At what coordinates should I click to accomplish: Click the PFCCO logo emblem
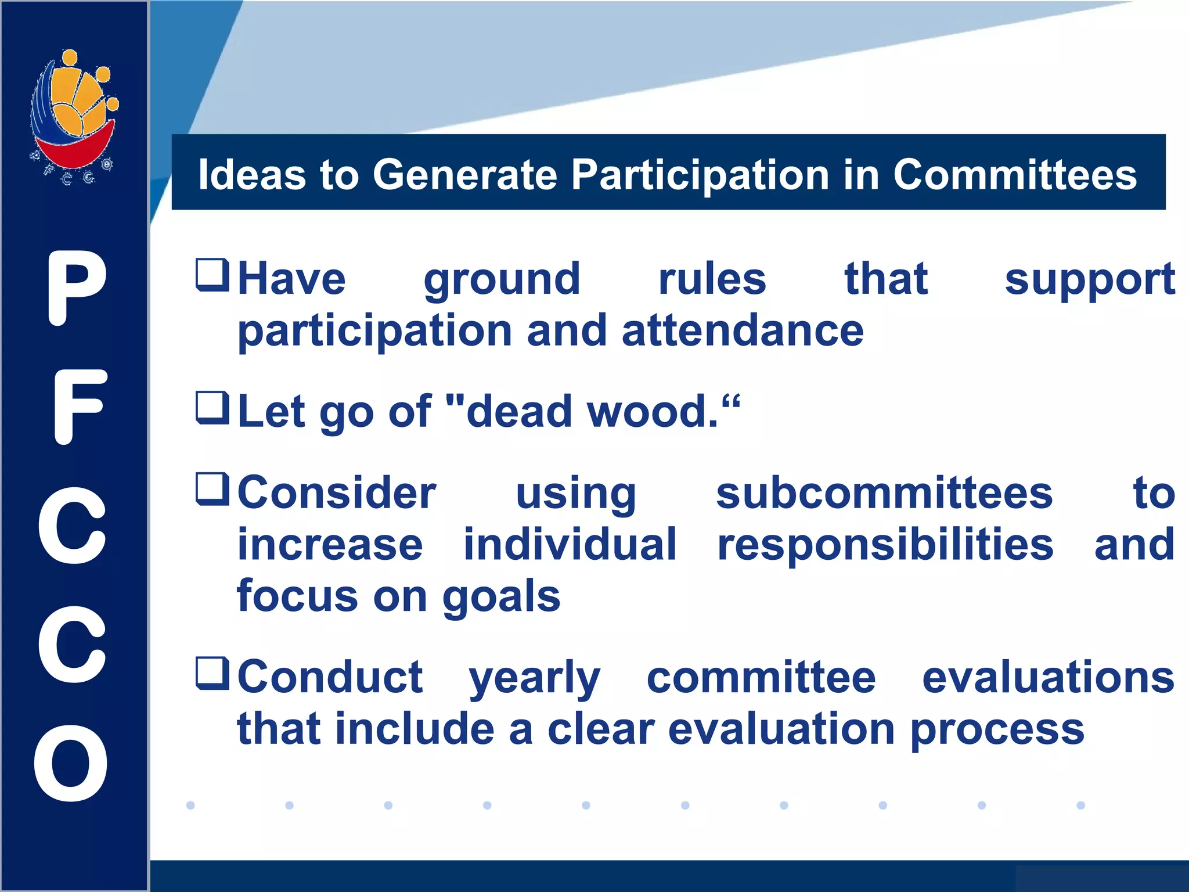coord(74,116)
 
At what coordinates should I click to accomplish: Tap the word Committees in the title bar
coord(1014,174)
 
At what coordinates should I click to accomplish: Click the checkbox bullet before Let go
coord(212,408)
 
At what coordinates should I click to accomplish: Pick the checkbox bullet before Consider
coord(212,489)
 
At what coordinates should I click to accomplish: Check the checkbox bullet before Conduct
coord(212,674)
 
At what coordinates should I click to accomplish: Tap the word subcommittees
coord(884,493)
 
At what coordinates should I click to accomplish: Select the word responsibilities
coord(885,545)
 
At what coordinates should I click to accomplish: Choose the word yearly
coord(534,678)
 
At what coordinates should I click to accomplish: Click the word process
coord(996,730)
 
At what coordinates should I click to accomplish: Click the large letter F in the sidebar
coord(79,407)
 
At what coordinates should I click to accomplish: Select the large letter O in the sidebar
coord(71,763)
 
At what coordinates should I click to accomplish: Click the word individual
coord(570,544)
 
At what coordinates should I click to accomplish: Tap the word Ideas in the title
coord(251,174)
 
